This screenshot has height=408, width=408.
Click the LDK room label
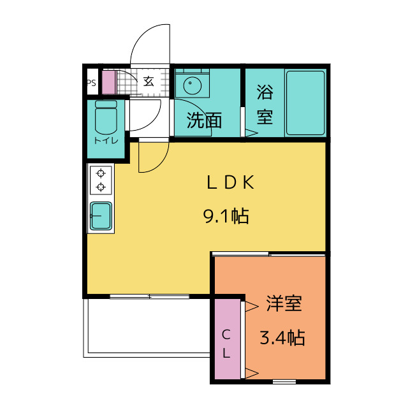click(x=230, y=182)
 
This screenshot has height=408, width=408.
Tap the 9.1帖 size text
click(x=226, y=216)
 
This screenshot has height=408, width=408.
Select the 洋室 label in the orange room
click(x=284, y=303)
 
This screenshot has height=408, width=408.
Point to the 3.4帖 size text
click(x=282, y=337)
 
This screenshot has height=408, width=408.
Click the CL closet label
click(x=226, y=344)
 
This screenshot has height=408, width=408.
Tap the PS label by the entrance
click(x=91, y=83)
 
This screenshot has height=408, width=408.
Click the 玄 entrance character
click(x=149, y=82)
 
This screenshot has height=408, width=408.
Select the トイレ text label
click(x=106, y=140)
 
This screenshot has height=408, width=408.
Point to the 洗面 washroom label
click(x=204, y=120)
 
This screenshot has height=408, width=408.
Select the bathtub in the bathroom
click(x=305, y=103)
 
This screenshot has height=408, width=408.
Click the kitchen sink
click(x=101, y=216)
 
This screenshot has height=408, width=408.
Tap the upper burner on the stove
click(x=101, y=173)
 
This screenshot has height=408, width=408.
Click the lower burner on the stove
click(x=101, y=187)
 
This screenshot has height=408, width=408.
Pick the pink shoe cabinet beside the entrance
click(x=108, y=82)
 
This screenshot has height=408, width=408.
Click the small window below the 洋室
click(x=284, y=382)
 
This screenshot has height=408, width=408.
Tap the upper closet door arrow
click(x=251, y=307)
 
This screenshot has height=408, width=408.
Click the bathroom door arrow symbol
click(x=251, y=133)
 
